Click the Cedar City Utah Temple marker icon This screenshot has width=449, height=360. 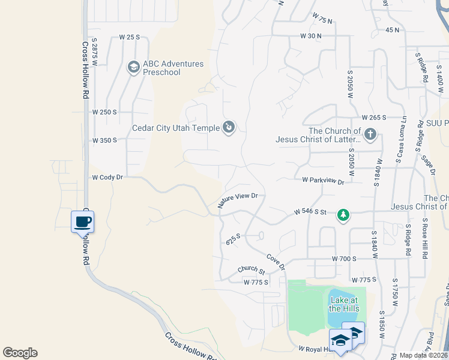229,127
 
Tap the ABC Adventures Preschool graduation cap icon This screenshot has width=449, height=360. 133,67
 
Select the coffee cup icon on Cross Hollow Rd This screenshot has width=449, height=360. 82,223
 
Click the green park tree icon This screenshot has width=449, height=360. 343,215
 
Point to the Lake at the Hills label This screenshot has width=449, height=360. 344,304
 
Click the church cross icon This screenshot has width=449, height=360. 371,133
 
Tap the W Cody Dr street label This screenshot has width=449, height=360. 107,178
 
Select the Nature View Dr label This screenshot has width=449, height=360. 238,200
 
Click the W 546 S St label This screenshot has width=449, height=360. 310,212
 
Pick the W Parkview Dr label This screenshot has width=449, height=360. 324,180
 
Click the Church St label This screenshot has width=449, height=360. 251,270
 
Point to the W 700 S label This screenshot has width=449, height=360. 345,258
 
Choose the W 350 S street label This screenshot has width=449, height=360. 104,140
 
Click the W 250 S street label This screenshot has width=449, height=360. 104,112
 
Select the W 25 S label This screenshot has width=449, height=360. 130,37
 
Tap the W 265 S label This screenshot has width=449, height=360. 373,118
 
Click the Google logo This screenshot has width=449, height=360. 20,353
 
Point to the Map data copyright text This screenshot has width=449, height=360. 423,355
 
